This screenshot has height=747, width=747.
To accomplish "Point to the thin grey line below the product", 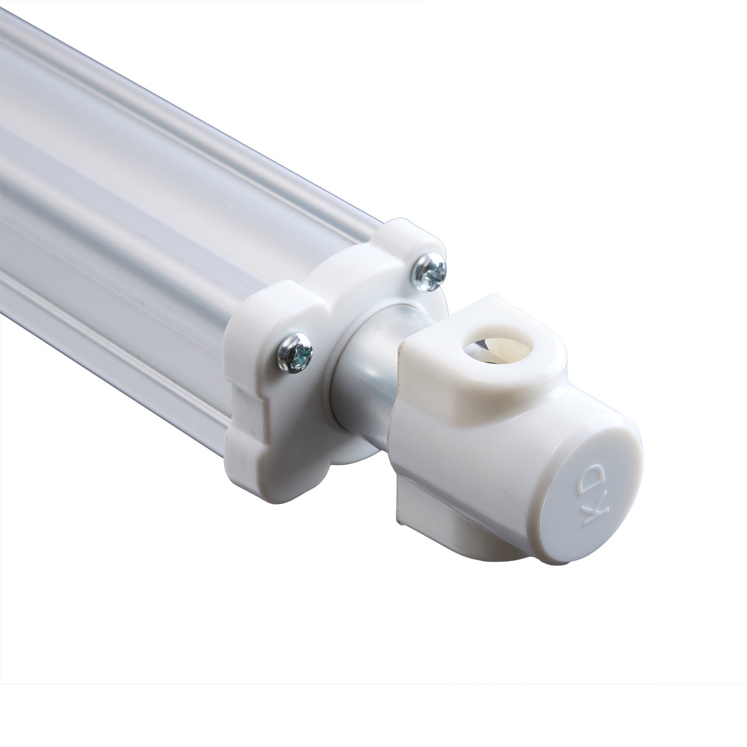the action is tap(373, 684).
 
